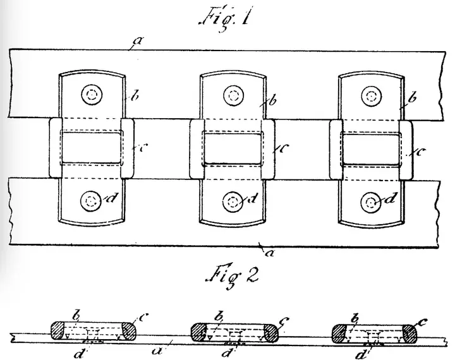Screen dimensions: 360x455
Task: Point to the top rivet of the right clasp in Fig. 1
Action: pos(371,95)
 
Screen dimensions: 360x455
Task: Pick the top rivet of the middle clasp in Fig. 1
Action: pos(233,95)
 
